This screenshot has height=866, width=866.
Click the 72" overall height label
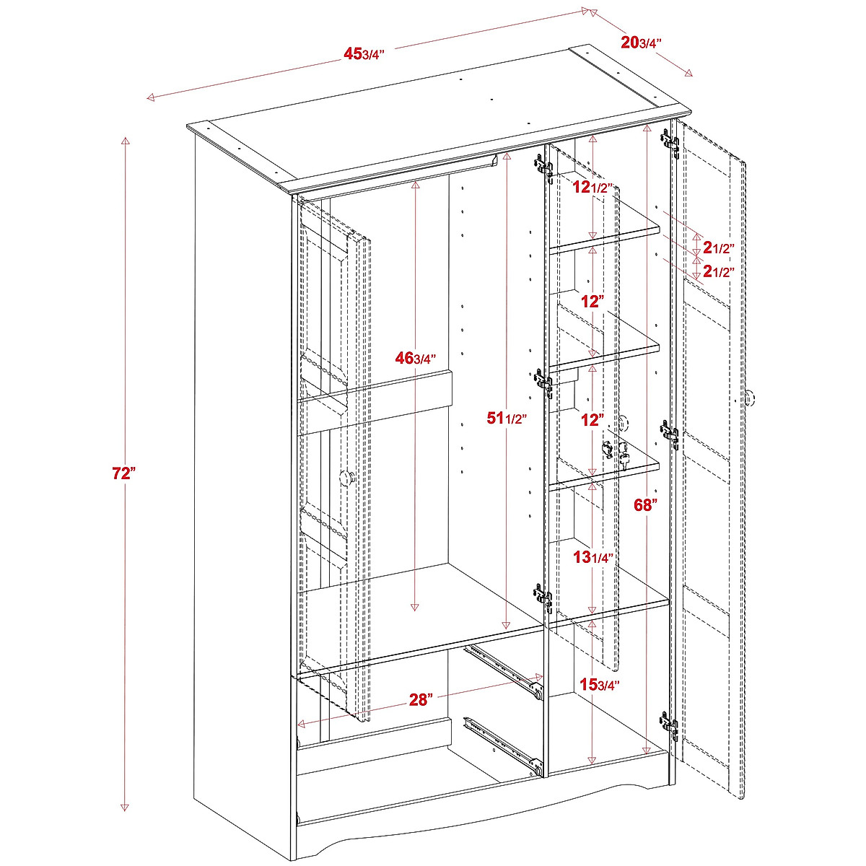pyautogui.click(x=124, y=473)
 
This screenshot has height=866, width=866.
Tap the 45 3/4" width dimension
pyautogui.click(x=364, y=53)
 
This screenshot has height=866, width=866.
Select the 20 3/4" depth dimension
pyautogui.click(x=641, y=43)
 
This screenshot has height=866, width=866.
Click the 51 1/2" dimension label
pyautogui.click(x=507, y=418)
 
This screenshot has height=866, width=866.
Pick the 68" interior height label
pyautogui.click(x=645, y=504)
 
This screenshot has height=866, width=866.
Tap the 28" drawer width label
pyautogui.click(x=420, y=699)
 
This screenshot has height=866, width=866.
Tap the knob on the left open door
pyautogui.click(x=347, y=477)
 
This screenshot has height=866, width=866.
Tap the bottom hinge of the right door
pyautogui.click(x=669, y=725)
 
